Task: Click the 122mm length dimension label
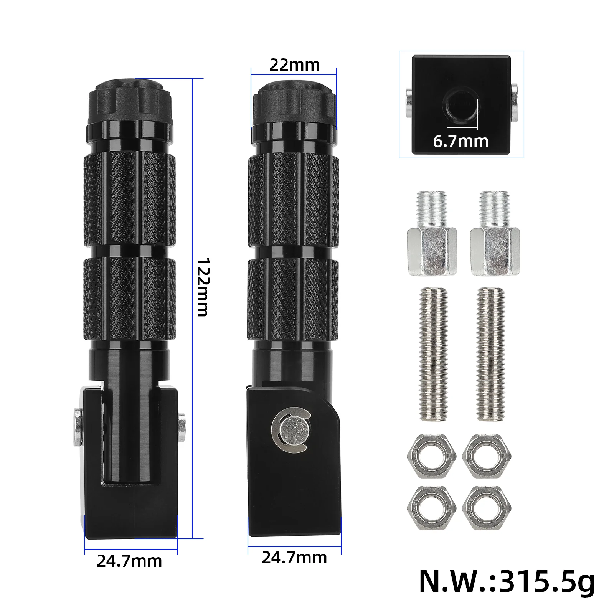click(202, 287)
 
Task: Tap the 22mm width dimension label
click(294, 65)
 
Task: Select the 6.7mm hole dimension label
click(461, 142)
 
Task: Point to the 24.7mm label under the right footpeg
click(294, 558)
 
